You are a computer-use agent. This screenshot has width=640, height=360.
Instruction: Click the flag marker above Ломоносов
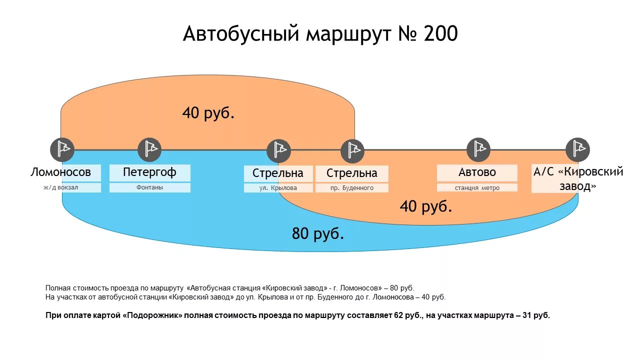coord(62,149)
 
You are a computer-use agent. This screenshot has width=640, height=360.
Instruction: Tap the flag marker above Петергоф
coord(149,149)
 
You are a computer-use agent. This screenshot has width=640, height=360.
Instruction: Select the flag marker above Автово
coord(478,149)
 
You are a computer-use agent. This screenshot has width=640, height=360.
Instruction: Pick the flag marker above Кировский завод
coord(577,149)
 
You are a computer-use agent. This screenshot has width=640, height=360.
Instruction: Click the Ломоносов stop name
coord(61,172)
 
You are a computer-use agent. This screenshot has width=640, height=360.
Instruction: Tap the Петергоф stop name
coord(149,172)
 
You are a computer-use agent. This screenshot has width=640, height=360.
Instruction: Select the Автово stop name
coord(477,172)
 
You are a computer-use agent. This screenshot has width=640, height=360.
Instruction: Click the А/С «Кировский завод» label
coord(578,178)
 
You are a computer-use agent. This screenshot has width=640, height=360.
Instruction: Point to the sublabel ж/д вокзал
coord(61,188)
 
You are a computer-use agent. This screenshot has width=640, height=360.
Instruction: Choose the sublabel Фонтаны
coord(149,187)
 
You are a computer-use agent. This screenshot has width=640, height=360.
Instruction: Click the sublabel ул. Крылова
coord(278,188)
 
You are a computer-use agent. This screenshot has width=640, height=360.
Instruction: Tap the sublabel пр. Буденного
coord(352,188)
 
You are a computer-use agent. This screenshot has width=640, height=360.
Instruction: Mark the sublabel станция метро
coord(477,188)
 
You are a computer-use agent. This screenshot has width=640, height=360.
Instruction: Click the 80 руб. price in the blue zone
coord(318,233)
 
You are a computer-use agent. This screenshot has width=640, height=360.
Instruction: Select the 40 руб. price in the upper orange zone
coord(208,113)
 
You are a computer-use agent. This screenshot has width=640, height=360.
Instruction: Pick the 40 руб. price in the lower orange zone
coord(426,206)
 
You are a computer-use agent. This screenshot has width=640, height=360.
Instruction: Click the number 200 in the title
coord(440,34)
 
